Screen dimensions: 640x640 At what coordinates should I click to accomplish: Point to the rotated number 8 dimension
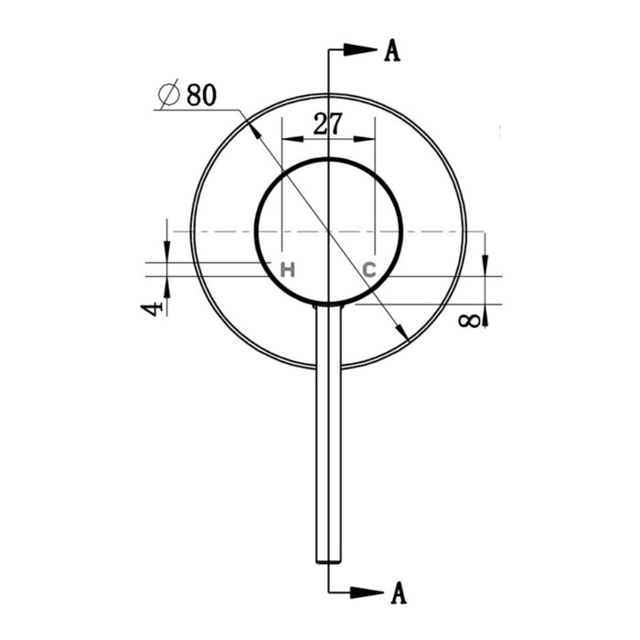[469, 321]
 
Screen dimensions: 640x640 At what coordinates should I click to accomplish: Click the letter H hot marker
[287, 270]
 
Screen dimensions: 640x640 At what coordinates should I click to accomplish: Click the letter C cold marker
[368, 270]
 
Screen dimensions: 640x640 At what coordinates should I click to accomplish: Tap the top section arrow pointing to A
[361, 51]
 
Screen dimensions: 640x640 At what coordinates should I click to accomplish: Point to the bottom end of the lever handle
[328, 560]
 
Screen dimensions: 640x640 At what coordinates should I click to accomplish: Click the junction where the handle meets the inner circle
[328, 305]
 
